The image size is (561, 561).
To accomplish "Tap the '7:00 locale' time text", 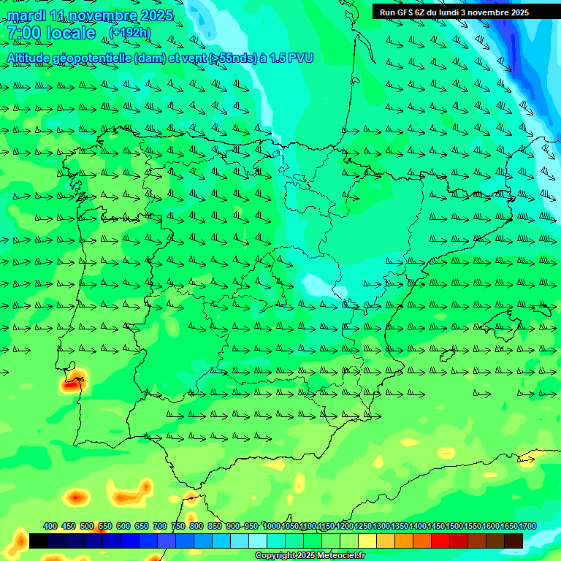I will (x=51, y=33).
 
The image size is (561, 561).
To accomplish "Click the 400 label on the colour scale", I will (x=50, y=526).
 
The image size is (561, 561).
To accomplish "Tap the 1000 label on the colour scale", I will (x=271, y=526).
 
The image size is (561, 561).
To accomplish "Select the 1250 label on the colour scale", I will (x=363, y=526).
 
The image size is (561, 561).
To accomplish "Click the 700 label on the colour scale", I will (x=160, y=526).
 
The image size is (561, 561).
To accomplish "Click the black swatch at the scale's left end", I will (x=39, y=541).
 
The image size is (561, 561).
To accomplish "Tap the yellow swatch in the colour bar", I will (x=367, y=541).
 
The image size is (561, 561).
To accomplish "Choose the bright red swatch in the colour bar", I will (x=440, y=541).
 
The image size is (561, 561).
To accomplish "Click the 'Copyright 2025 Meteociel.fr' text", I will (x=310, y=556).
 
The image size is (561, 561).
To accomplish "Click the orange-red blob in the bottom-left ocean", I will (x=76, y=498).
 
